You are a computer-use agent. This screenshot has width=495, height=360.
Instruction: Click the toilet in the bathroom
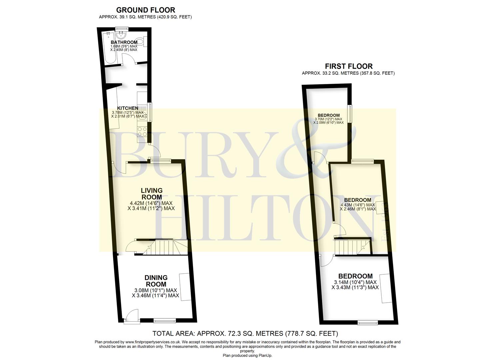(x=141, y=42)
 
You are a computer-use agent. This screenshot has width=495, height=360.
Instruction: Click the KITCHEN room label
(x=127, y=108)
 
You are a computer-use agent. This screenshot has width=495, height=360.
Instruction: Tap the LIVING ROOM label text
(x=152, y=194)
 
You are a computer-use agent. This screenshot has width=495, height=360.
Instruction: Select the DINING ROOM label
(x=156, y=281)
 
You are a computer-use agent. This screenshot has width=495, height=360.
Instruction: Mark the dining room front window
(x=165, y=321)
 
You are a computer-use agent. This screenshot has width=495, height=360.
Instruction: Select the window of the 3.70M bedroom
(x=350, y=114)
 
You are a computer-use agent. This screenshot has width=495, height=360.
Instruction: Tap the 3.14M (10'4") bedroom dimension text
(x=355, y=282)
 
